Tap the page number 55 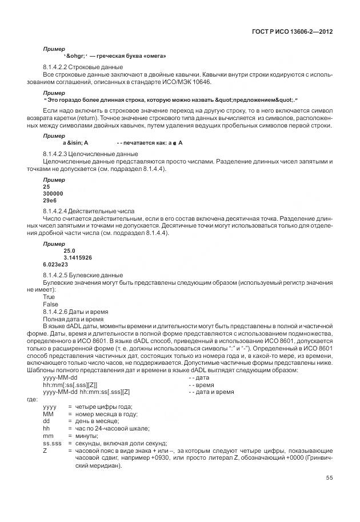[x=329, y=477]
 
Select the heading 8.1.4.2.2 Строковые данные [x=75, y=67]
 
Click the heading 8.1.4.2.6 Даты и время [x=75, y=312]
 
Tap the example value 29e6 [x=50, y=201]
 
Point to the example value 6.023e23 [x=55, y=265]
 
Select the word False [x=51, y=304]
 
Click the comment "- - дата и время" [x=211, y=392]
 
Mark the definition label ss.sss [x=53, y=443]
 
